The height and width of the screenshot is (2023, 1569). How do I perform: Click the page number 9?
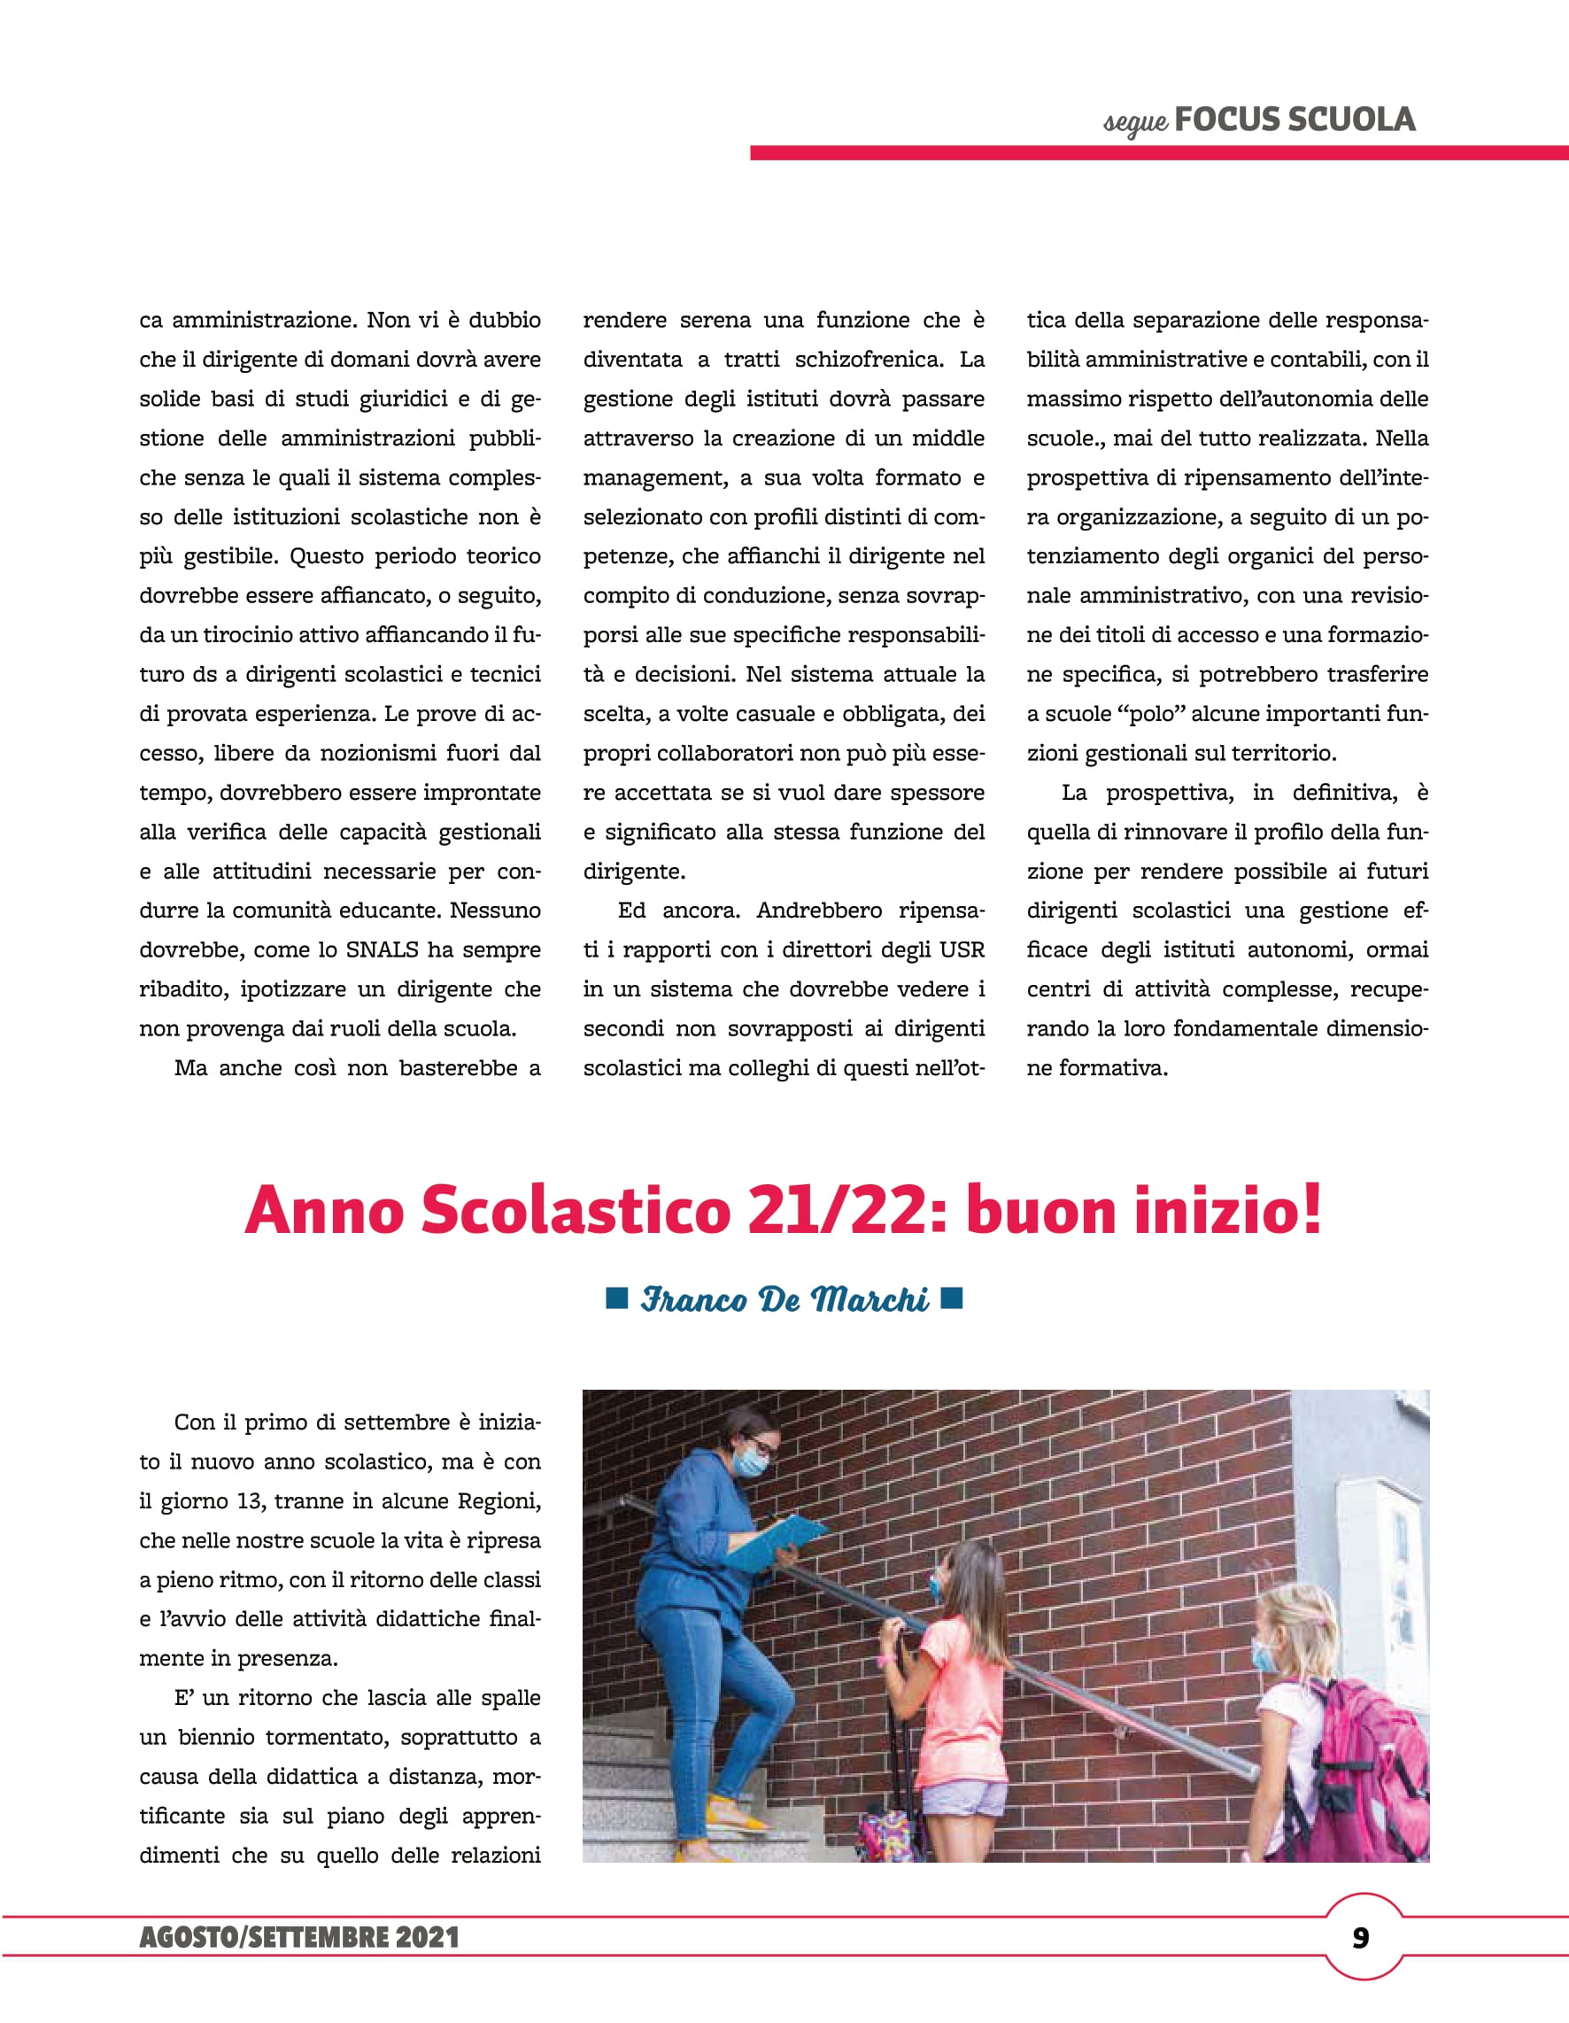click(1360, 1938)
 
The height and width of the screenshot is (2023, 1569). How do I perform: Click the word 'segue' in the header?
click(1135, 122)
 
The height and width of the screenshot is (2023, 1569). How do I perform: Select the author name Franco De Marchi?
click(784, 1299)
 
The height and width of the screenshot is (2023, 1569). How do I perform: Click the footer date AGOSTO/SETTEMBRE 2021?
click(299, 1938)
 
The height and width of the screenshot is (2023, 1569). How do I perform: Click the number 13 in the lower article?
click(250, 1501)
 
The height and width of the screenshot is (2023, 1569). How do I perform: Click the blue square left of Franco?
click(617, 1298)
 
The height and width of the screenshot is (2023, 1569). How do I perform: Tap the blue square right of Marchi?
click(951, 1298)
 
